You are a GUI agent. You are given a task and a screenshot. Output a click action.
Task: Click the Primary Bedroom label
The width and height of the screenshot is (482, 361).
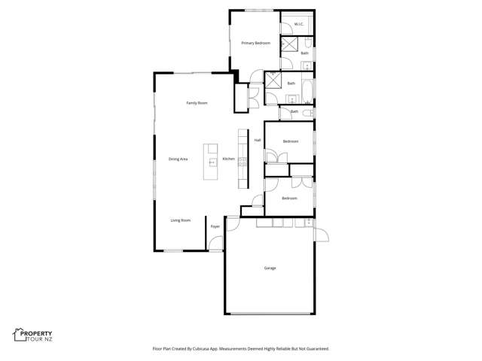pos(255,43)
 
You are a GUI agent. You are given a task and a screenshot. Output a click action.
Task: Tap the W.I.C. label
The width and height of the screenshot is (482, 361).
pos(298,24)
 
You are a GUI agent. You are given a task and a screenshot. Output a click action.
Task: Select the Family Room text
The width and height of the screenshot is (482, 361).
pos(197,103)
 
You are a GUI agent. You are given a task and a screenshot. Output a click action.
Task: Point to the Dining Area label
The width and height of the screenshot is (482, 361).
pos(178,159)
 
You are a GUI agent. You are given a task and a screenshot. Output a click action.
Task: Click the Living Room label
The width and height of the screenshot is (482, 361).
pos(180,220)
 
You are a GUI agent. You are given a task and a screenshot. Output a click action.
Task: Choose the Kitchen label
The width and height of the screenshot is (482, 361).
pos(228,159)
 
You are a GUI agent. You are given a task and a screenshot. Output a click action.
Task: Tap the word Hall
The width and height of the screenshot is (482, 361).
pos(257,140)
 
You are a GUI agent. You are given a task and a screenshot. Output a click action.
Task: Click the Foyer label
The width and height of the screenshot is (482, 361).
pos(215,226)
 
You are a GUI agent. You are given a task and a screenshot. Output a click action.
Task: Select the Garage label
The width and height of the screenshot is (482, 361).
pos(270,268)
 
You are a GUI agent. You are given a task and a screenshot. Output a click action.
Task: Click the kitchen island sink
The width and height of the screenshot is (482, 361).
pos(212,161)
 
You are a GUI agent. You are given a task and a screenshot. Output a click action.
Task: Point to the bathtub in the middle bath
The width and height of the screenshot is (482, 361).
pos(308,89)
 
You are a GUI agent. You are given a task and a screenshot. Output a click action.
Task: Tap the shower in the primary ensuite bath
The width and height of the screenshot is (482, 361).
pos(287,44)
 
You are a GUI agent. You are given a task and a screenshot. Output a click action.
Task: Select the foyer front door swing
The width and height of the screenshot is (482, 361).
pos(215,243)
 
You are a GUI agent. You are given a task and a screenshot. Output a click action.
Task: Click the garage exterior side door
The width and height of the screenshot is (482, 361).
pos(322,235)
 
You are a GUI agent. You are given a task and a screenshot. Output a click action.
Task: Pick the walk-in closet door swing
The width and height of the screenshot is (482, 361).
pos(286,31)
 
